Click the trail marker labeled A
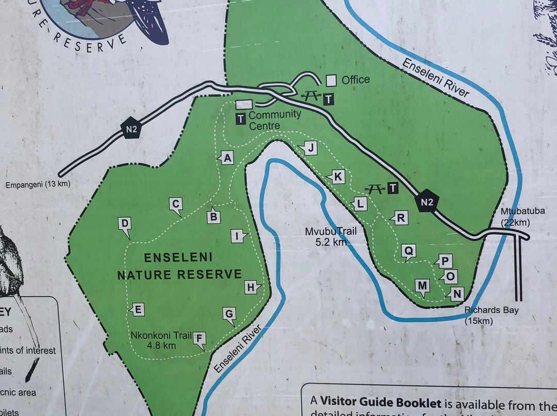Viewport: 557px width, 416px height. point(227,158)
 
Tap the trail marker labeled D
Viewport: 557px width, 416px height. point(124,224)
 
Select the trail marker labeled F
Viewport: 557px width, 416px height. point(200,339)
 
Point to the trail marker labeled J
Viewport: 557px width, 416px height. point(310,148)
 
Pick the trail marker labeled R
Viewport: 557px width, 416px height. point(400,218)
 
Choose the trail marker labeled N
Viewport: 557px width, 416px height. point(456,294)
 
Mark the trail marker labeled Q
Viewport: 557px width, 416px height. point(409,251)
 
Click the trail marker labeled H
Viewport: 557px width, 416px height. point(251,287)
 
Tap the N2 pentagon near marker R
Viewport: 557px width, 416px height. point(427,202)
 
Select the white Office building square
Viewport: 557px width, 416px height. point(331,80)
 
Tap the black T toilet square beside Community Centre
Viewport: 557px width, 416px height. point(240,119)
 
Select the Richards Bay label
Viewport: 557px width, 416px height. point(492,310)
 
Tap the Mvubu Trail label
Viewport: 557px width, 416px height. point(331,232)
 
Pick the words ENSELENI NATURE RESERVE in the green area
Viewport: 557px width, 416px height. point(179,266)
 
